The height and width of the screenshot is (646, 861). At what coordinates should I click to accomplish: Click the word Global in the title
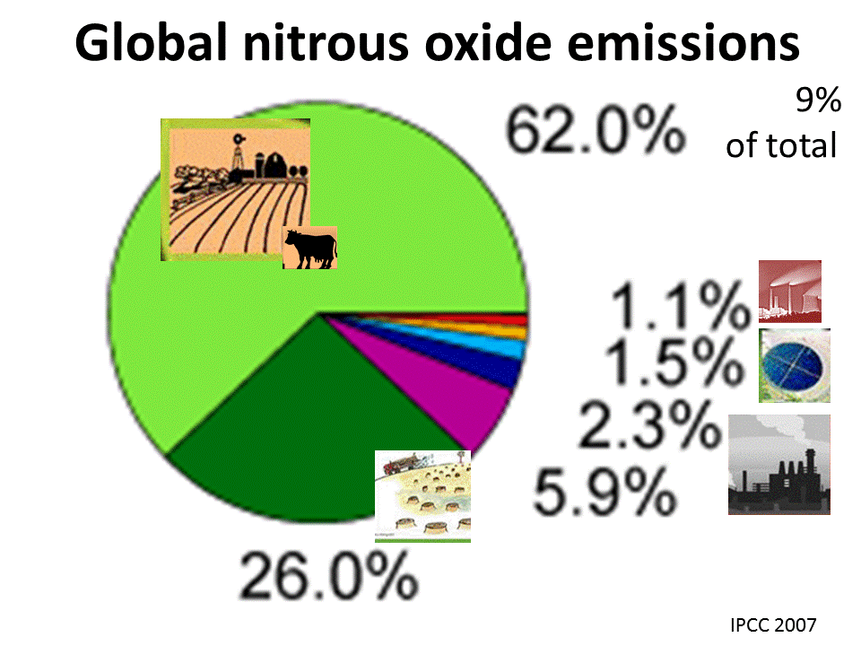(x=151, y=43)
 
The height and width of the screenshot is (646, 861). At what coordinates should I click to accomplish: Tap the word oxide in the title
(x=488, y=43)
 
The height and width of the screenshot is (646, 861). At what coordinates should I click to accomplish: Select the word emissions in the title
(x=683, y=43)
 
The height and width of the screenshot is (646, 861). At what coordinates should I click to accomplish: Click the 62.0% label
(x=596, y=131)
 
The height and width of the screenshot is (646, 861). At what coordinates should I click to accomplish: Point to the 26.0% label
(x=328, y=576)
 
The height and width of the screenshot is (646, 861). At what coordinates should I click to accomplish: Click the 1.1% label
(x=680, y=305)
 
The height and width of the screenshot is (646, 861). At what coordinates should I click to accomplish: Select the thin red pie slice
(x=494, y=318)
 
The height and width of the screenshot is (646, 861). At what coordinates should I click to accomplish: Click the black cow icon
(x=309, y=248)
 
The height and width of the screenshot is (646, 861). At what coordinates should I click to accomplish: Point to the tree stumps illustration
(x=422, y=496)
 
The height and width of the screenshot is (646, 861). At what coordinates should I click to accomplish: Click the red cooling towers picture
(x=790, y=291)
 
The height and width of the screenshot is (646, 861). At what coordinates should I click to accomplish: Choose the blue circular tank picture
(x=795, y=365)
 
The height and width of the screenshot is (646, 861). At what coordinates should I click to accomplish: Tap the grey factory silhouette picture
(x=779, y=465)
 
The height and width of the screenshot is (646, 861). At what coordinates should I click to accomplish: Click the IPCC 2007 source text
(x=773, y=624)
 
